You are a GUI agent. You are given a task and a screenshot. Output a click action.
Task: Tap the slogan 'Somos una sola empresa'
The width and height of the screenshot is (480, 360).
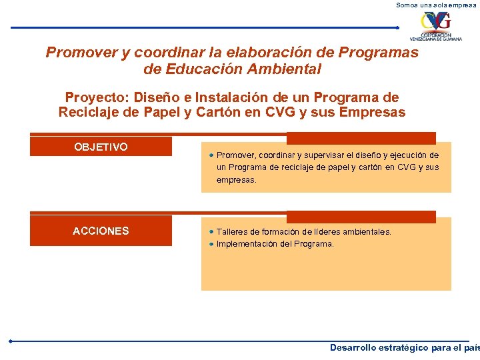click(437, 5)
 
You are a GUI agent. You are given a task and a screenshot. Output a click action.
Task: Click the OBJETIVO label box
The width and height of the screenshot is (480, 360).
click(101, 147)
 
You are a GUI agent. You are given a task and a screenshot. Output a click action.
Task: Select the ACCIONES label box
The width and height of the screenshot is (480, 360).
click(101, 231)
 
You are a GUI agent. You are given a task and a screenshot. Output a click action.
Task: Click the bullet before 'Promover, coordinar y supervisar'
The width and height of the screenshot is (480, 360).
click(210, 155)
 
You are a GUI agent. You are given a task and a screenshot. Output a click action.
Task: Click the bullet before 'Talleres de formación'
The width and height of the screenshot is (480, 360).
click(210, 232)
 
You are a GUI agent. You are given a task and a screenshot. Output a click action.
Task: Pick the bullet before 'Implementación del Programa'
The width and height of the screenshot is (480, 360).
click(210, 244)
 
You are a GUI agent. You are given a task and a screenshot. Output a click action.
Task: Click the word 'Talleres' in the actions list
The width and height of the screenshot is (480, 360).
click(231, 232)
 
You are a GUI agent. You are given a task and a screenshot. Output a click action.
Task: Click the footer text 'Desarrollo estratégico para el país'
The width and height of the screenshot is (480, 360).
click(404, 347)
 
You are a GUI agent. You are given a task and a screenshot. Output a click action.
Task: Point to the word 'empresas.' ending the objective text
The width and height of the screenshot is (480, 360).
click(236, 180)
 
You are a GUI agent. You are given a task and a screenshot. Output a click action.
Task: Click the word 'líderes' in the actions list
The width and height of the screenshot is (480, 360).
click(315, 232)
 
